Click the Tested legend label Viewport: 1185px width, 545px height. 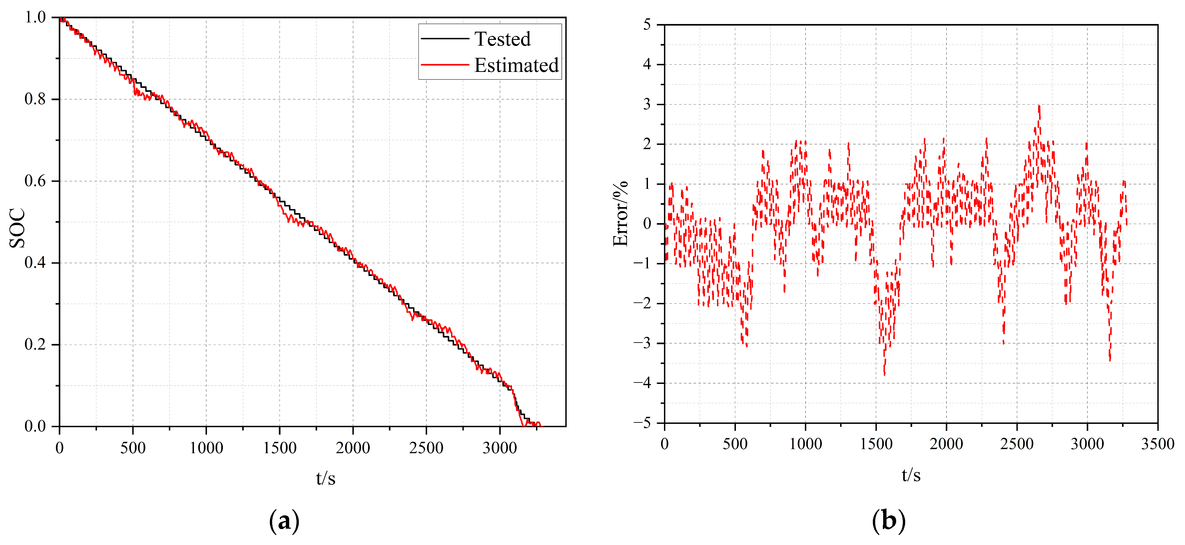[x=502, y=39]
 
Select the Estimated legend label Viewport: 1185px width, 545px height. [x=516, y=65]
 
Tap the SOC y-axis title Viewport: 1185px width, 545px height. [x=17, y=228]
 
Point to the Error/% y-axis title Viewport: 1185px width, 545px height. [x=620, y=214]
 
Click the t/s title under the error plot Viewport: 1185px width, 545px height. [x=911, y=475]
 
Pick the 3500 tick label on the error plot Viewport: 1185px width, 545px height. [x=1157, y=444]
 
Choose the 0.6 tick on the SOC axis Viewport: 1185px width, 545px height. [x=35, y=181]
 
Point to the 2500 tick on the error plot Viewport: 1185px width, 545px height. [x=1017, y=444]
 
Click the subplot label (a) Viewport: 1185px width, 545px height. [x=284, y=521]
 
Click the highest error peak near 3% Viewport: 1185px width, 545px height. [x=1039, y=107]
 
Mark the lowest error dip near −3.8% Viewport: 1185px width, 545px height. [x=884, y=374]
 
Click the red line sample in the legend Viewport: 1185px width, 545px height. [x=444, y=65]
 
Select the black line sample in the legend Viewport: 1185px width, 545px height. [x=444, y=39]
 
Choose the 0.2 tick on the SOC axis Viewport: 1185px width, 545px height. [x=35, y=345]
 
